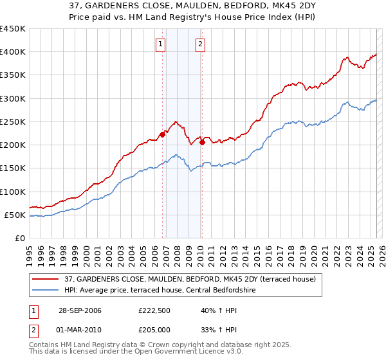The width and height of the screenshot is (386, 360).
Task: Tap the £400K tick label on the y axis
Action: pyautogui.click(x=13, y=52)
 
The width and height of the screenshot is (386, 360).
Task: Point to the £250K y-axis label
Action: pyautogui.click(x=13, y=122)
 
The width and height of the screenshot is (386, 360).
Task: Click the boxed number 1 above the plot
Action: pyautogui.click(x=160, y=44)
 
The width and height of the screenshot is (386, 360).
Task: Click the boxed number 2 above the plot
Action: pyautogui.click(x=201, y=44)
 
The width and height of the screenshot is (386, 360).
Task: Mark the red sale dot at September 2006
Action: pyautogui.click(x=163, y=134)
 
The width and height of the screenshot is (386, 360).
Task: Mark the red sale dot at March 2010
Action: pyautogui.click(x=202, y=143)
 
